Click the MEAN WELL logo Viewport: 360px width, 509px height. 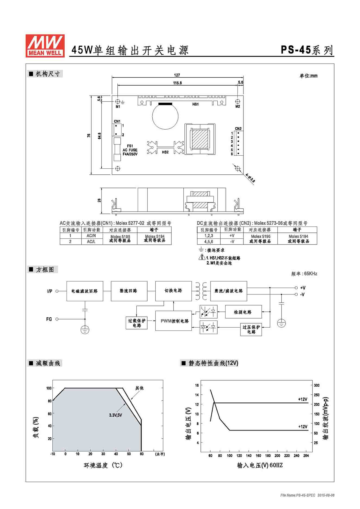tap(45, 46)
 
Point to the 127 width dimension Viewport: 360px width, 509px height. tap(177, 75)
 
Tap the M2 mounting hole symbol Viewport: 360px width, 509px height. tap(237, 101)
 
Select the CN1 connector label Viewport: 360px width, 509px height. tap(117, 121)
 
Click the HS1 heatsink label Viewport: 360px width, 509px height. tap(195, 104)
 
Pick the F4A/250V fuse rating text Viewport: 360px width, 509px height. tap(130, 154)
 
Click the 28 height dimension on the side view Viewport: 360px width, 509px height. tap(99, 200)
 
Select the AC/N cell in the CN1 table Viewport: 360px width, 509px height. tap(91, 236)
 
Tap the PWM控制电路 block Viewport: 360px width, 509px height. tap(174, 321)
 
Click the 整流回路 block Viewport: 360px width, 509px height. tap(129, 291)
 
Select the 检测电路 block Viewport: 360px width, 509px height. tap(243, 312)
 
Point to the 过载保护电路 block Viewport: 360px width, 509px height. tap(136, 323)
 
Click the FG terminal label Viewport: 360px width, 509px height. tap(49, 319)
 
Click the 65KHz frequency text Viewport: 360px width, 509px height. tap(311, 274)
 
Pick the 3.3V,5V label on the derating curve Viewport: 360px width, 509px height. tap(115, 415)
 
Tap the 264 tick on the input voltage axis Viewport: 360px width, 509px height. tap(306, 455)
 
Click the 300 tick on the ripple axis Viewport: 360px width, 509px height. tap(317, 385)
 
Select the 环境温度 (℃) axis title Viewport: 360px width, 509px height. tap(103, 465)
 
